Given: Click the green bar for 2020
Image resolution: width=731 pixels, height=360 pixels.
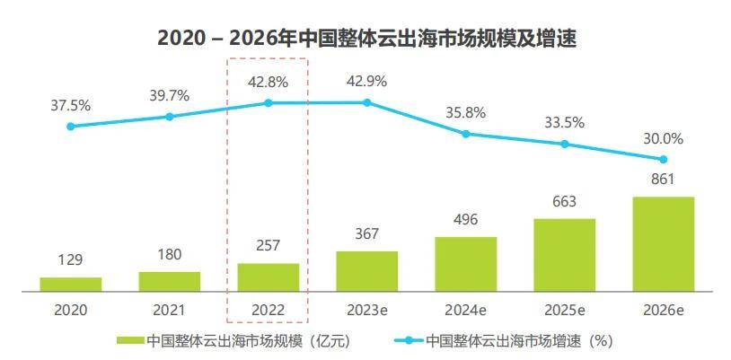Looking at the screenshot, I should point(71,284).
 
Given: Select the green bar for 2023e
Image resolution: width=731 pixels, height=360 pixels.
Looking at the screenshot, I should point(367,271).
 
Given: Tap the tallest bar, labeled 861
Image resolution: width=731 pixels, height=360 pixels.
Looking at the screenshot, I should point(664,244).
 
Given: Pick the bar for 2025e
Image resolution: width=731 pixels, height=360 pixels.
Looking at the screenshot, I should point(565,255).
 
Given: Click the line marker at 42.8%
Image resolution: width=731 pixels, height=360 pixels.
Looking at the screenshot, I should point(269,103).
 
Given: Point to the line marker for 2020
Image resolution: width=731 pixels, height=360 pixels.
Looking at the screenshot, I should point(71,127).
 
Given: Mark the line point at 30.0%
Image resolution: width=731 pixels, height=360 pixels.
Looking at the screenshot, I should point(664,159).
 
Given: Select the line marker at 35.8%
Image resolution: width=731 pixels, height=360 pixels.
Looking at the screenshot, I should point(466,134).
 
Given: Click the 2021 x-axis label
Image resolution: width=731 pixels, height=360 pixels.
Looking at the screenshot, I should point(169,310).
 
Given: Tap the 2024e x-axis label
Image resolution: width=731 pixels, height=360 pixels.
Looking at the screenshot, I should point(466,310).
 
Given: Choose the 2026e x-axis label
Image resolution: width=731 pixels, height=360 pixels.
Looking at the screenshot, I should point(664,310).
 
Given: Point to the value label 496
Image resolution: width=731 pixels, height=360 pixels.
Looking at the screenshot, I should point(466,220).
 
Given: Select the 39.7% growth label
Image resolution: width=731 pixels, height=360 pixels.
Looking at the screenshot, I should point(169,95).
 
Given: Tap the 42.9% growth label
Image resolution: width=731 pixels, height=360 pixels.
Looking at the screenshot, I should point(367,82).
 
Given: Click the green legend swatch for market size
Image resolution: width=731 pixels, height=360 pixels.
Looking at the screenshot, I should point(129,340).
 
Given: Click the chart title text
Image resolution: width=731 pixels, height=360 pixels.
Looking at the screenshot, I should point(365,38).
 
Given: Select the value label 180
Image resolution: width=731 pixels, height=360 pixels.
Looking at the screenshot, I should point(169,255).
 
